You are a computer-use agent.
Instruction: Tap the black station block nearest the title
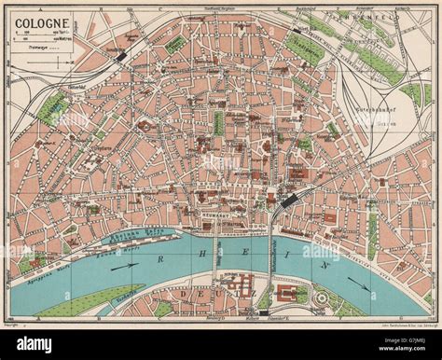pos(122,56)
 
